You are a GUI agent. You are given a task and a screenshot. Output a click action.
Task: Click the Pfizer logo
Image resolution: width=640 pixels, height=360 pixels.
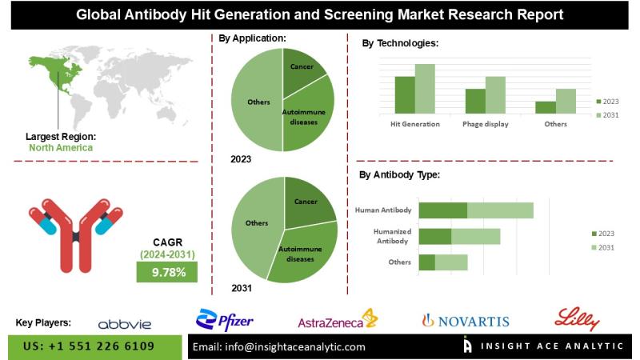(226, 320)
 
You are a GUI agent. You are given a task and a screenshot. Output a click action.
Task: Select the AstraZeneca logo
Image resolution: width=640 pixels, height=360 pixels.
(337, 321)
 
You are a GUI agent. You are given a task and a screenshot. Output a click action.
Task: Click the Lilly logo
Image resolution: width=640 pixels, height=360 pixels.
(578, 319)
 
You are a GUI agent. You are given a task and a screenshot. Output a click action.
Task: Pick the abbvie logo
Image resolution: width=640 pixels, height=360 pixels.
(124, 324)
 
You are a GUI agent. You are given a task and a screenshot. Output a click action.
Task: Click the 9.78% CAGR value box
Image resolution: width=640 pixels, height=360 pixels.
(169, 272)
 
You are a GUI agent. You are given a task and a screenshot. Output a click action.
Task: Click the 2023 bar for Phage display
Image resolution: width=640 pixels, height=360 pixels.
(475, 101)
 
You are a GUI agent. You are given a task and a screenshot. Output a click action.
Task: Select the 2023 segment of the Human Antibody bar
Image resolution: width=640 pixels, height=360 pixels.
(442, 210)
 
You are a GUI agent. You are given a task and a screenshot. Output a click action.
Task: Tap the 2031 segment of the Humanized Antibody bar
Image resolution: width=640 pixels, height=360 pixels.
(475, 236)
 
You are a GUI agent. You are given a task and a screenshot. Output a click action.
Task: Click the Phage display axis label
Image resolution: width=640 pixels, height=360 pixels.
(486, 125)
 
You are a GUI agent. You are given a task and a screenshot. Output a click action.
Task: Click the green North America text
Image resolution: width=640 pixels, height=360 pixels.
(61, 147)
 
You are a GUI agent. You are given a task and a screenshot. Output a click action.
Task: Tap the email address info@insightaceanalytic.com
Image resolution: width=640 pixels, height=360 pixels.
(279, 347)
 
